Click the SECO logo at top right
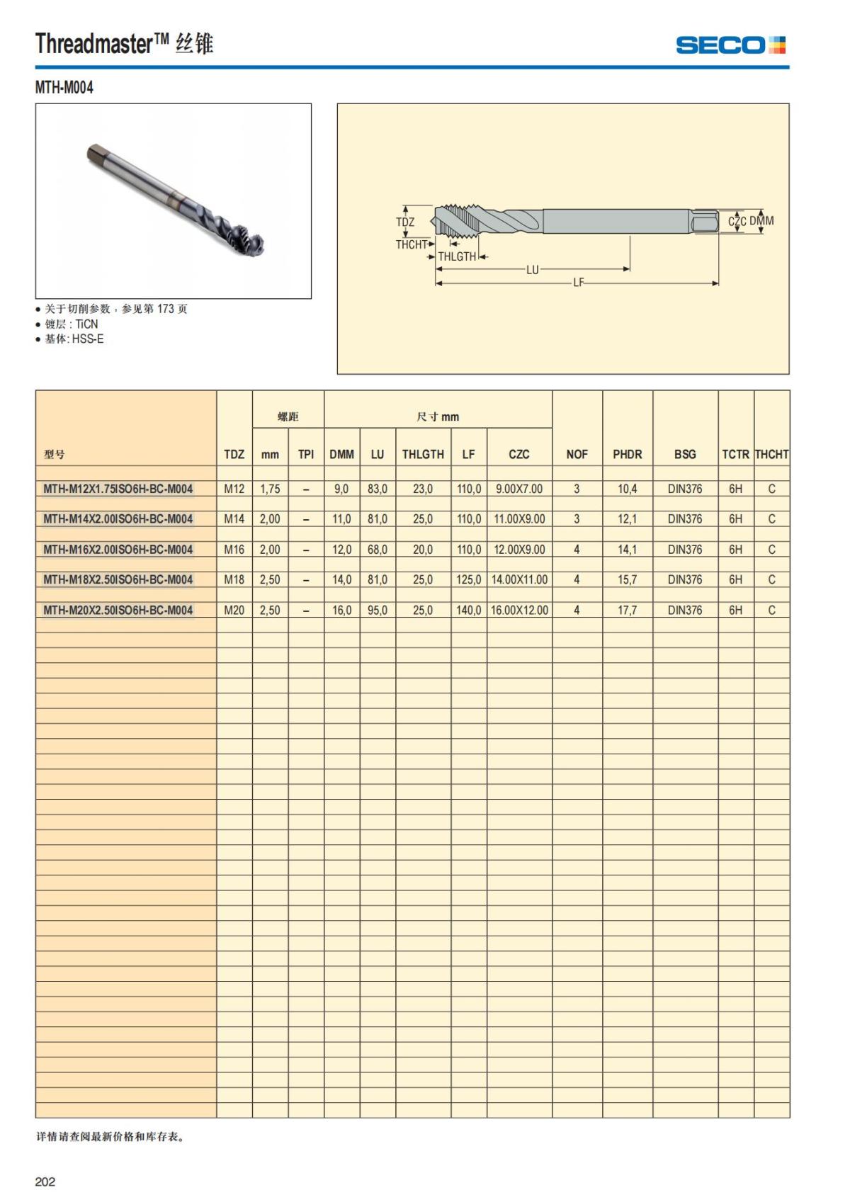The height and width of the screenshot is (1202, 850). pos(730,45)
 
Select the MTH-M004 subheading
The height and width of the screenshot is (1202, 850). pos(64,88)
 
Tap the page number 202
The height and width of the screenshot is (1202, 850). pos(45,1181)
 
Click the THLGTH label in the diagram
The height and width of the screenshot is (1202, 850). pos(457,256)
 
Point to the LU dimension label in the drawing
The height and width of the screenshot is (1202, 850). pos(533,269)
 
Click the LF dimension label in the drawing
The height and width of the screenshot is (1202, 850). pos(579,283)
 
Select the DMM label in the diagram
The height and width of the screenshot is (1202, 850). pos(761,221)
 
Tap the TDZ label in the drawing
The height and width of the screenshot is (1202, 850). pos(405,222)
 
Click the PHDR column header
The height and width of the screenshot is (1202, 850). pos(627,454)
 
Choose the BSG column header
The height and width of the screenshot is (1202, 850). pos(685,454)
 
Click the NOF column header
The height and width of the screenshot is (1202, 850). pos(577,454)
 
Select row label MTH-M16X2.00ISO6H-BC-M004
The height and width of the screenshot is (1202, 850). pos(118,549)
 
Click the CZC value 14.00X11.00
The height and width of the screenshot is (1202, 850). pos(519,579)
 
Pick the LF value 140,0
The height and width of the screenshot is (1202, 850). pos(468,610)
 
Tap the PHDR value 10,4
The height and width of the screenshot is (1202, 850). pos(627,489)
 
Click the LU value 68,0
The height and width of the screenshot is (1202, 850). pos(377,549)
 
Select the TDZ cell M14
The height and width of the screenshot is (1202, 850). pos(234,518)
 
